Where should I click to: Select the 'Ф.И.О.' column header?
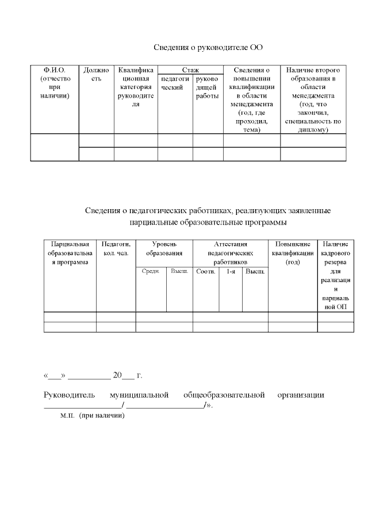coord(54,83)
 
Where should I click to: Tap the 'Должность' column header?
coord(96,74)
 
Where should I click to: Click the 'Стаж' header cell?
coord(190,70)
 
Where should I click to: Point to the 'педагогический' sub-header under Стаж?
coord(175,83)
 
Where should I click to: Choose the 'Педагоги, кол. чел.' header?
coord(116,249)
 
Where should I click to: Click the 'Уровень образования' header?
coord(164,249)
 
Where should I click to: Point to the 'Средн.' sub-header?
coord(151,271)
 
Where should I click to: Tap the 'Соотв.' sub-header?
coord(205,271)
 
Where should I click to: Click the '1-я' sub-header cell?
coord(231,271)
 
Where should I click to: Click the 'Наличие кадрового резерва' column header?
coord(335,275)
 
